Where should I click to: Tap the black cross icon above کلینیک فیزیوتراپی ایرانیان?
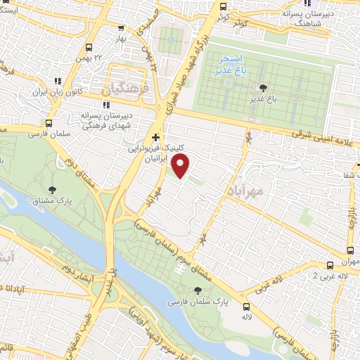[x=156, y=136]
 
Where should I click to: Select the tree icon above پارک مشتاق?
[x=53, y=189]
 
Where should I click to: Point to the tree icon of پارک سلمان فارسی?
[x=198, y=289]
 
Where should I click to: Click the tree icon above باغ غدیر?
[x=264, y=87]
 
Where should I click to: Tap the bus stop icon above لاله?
[x=245, y=307]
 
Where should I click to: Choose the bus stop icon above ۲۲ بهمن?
[x=88, y=47]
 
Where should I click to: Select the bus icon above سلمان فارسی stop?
[x=48, y=121]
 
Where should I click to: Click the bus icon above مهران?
[x=349, y=250]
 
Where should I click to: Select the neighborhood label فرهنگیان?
[x=127, y=91]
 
